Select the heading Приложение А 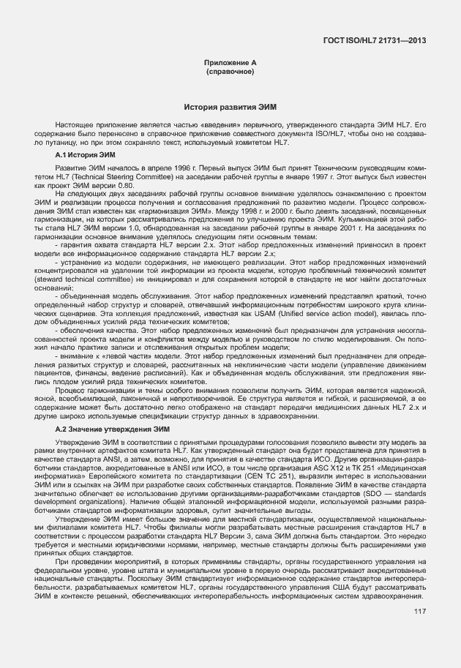point(230,64)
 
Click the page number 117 point(420,612)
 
